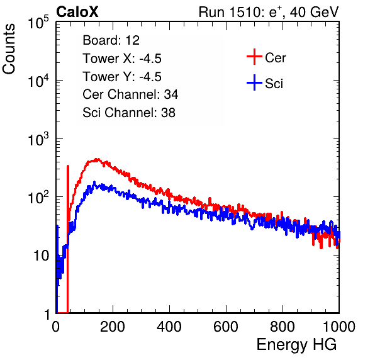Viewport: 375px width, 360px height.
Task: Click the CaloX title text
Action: (x=77, y=12)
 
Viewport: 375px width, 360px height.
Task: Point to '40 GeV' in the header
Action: (x=314, y=12)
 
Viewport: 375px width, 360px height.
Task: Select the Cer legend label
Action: (x=275, y=58)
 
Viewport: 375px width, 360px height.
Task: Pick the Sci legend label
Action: (x=274, y=84)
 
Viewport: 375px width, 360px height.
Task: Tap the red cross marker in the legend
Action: (x=254, y=57)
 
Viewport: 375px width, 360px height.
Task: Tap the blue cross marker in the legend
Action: (x=254, y=82)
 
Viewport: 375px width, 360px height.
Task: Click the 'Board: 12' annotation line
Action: (x=111, y=40)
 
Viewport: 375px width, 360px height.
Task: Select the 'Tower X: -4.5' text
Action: (x=122, y=59)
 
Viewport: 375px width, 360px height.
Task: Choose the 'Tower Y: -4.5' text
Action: (x=122, y=77)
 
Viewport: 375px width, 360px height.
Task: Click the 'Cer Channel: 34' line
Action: (x=130, y=94)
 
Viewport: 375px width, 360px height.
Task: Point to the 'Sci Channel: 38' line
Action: (x=129, y=113)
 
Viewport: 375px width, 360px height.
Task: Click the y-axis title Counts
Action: (x=9, y=49)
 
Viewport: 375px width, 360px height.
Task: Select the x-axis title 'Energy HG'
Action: (x=296, y=345)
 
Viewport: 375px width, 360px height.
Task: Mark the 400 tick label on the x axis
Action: (x=169, y=327)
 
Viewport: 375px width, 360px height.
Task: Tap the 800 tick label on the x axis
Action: (x=283, y=327)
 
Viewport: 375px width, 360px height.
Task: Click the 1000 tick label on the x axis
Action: (x=339, y=327)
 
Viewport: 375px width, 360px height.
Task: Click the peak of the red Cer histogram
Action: (x=97, y=159)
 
